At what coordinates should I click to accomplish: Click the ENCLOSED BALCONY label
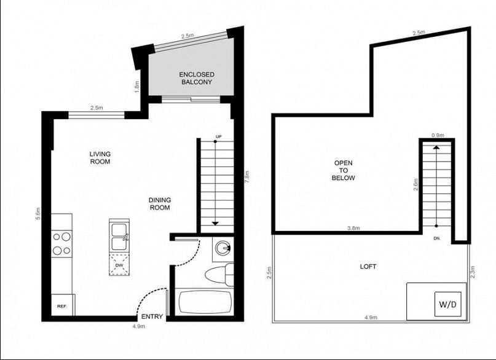click(x=197, y=79)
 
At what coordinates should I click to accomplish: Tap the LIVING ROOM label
click(x=100, y=158)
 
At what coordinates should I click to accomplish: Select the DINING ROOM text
click(x=160, y=204)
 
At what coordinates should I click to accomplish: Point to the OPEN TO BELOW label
click(x=343, y=170)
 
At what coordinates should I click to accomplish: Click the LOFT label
click(x=368, y=267)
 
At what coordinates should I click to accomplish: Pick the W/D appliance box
click(x=447, y=304)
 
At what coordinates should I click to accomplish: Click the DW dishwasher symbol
click(x=119, y=265)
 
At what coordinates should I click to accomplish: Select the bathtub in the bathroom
click(x=206, y=302)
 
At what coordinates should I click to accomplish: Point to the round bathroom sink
click(x=223, y=248)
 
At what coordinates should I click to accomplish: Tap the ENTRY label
click(x=152, y=316)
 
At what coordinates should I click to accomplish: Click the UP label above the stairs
click(x=218, y=136)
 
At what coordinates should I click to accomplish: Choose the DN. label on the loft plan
click(x=437, y=238)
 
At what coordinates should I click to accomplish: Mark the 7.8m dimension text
click(x=247, y=177)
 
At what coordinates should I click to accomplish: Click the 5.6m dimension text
click(x=38, y=214)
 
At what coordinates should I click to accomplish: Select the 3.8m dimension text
click(x=353, y=228)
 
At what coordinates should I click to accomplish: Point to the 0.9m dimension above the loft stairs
click(x=438, y=135)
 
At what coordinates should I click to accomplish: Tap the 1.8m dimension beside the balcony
click(x=137, y=87)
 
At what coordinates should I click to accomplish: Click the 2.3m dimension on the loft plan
click(x=473, y=272)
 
